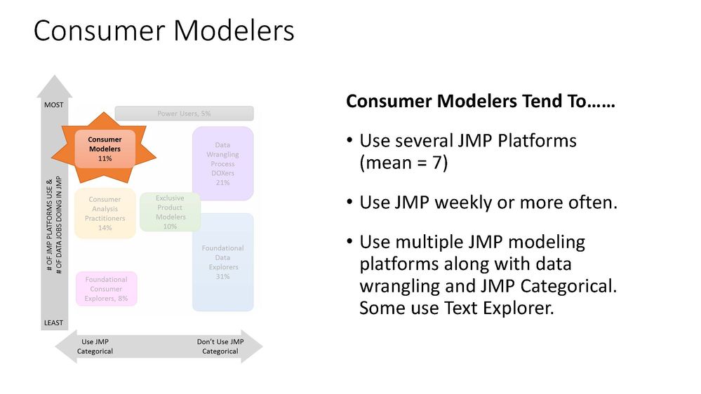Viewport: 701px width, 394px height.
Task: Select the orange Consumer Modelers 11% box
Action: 105,149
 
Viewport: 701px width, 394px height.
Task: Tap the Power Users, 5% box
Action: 184,113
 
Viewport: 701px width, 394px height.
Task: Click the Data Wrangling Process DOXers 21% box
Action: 222,163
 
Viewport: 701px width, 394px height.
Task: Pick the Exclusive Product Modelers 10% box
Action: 170,212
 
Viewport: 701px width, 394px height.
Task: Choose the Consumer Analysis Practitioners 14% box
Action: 105,213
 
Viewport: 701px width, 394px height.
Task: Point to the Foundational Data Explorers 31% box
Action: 222,261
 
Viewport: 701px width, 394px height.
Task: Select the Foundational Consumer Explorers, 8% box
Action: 106,289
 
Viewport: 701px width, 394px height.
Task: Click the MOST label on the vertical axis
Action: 55,104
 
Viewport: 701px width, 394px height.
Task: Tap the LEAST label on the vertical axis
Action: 55,322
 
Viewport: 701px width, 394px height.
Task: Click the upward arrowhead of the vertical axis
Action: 55,86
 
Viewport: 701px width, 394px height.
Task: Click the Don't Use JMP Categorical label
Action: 220,346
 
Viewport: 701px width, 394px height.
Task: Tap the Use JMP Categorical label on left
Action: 95,346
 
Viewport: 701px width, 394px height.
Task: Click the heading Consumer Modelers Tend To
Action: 481,102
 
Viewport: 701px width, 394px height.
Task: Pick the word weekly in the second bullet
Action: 462,203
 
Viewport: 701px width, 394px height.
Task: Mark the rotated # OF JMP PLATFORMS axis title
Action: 55,214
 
